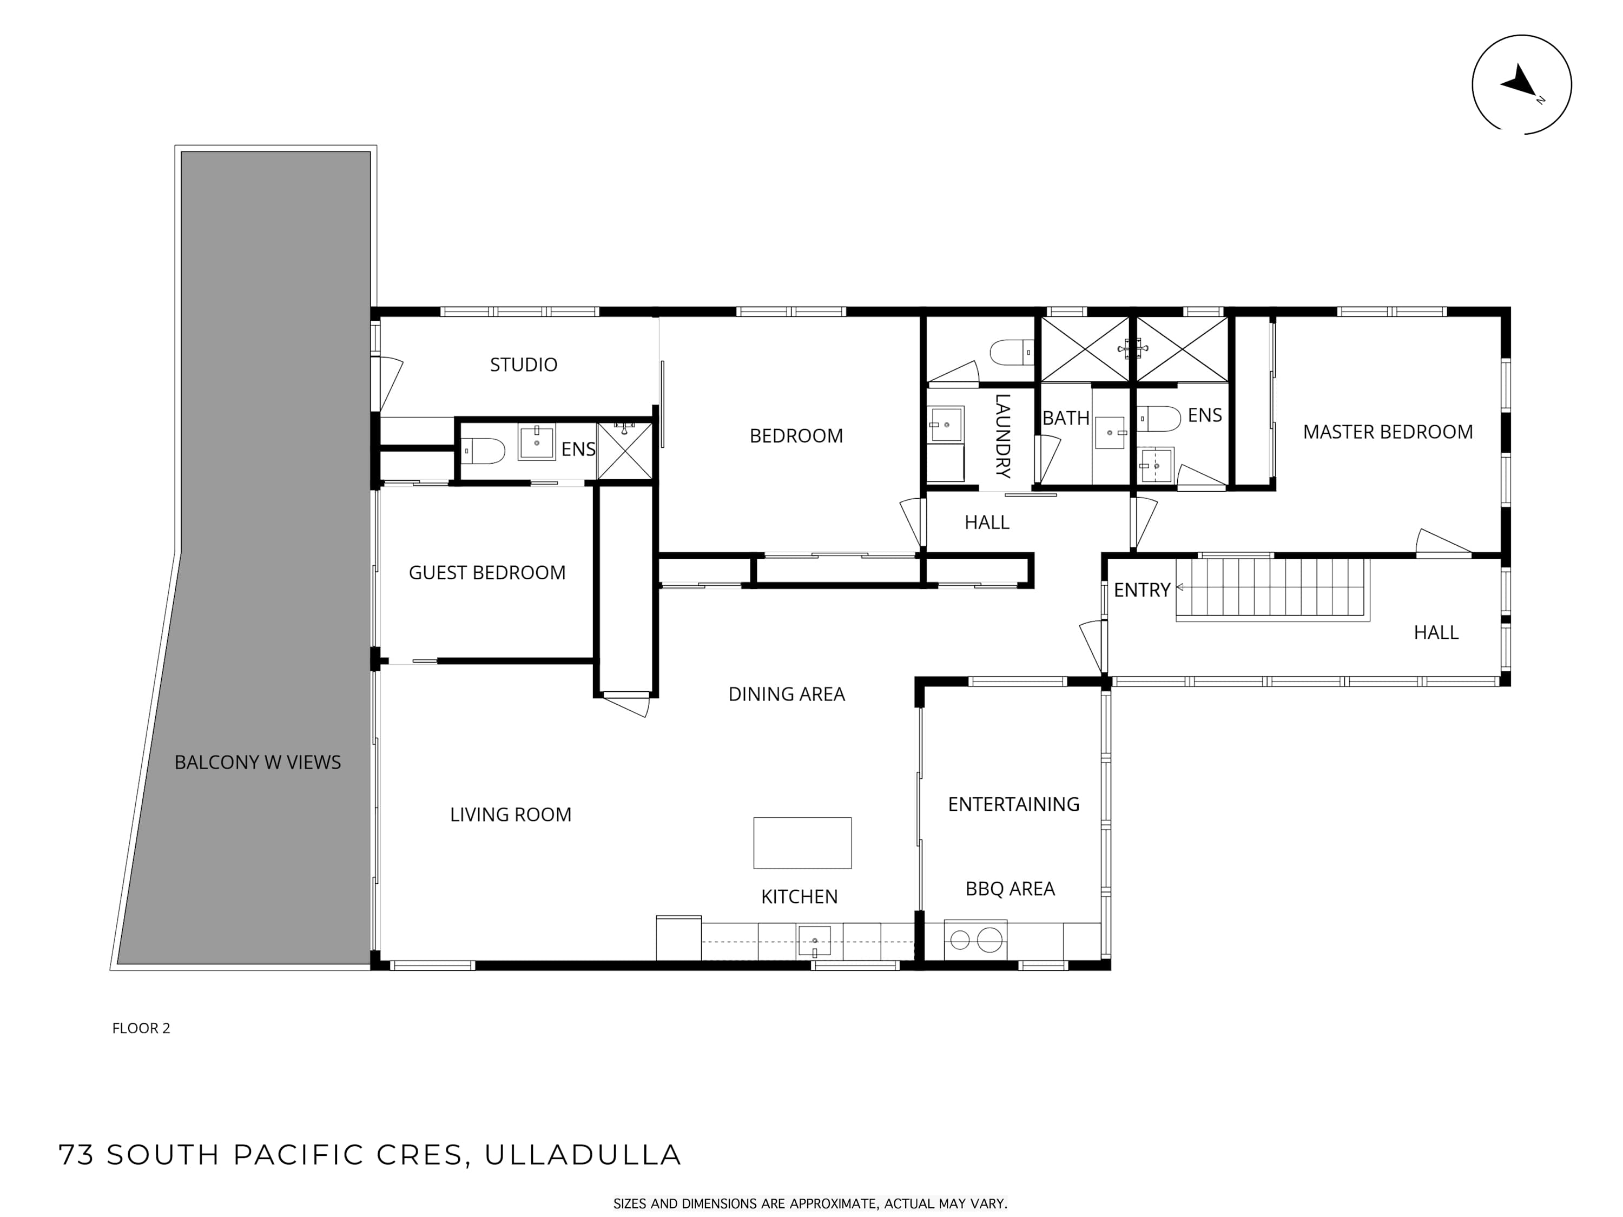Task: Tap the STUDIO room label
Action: (x=523, y=365)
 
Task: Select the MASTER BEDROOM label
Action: (x=1388, y=432)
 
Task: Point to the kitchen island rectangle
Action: (x=802, y=843)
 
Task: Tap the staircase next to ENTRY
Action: (x=1273, y=589)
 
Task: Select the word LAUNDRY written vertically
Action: (x=1002, y=436)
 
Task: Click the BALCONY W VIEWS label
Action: (x=258, y=762)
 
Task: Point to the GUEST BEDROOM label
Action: (x=487, y=572)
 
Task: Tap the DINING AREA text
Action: (x=787, y=694)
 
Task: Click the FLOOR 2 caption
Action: (x=141, y=1028)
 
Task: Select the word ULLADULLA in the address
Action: (x=583, y=1155)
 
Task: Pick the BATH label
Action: (x=1065, y=418)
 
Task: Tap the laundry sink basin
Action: (x=946, y=425)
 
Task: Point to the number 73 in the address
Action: (x=77, y=1155)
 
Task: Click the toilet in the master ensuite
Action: (x=1159, y=419)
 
